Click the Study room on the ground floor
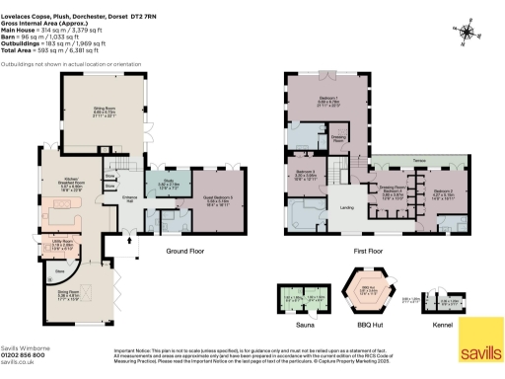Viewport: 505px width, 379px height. click(168, 184)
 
